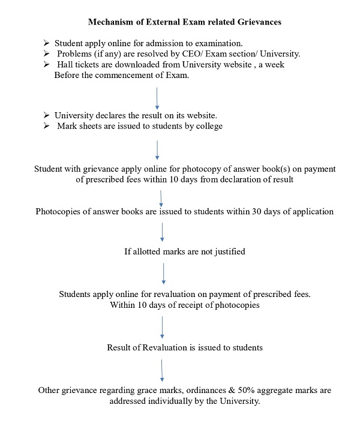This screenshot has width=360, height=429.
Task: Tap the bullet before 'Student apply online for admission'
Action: click(47, 44)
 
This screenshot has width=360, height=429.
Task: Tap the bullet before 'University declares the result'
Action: click(47, 115)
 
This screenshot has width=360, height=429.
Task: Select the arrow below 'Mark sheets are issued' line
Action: click(157, 150)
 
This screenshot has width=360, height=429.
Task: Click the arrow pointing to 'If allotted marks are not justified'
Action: click(163, 232)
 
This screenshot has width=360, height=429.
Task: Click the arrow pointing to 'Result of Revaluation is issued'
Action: click(162, 326)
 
